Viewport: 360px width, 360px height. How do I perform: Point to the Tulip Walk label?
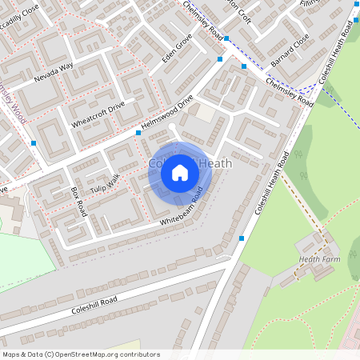click(103, 178)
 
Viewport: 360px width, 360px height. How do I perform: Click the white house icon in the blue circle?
click(180, 172)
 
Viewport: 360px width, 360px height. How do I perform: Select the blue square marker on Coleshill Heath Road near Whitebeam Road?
click(242, 238)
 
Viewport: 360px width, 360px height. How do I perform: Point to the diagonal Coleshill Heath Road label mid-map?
click(270, 185)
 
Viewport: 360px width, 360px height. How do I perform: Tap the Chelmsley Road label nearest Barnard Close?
click(289, 91)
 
